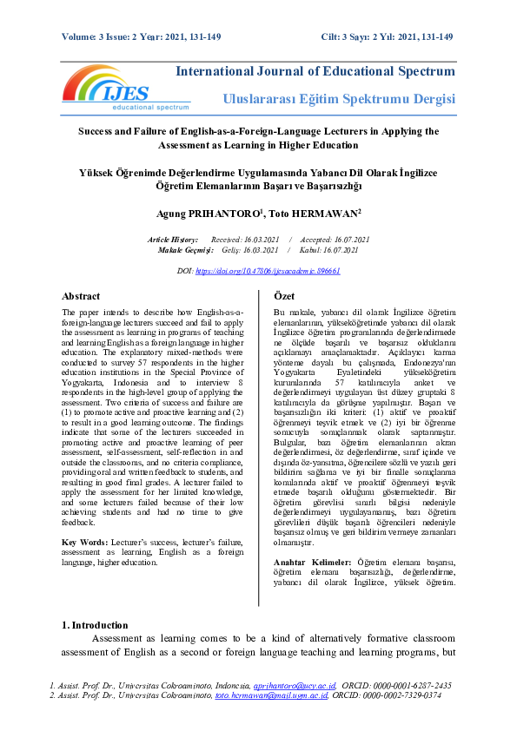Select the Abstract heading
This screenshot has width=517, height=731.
click(x=81, y=295)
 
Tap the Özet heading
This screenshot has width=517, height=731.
click(x=285, y=295)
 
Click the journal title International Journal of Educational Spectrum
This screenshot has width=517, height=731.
click(x=315, y=70)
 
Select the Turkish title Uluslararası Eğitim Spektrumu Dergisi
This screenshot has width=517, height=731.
click(x=339, y=100)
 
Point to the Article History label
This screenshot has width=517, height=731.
click(x=173, y=239)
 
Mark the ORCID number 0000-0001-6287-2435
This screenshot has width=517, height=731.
click(x=413, y=685)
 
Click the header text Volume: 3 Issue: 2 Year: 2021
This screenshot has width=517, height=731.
click(x=143, y=36)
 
